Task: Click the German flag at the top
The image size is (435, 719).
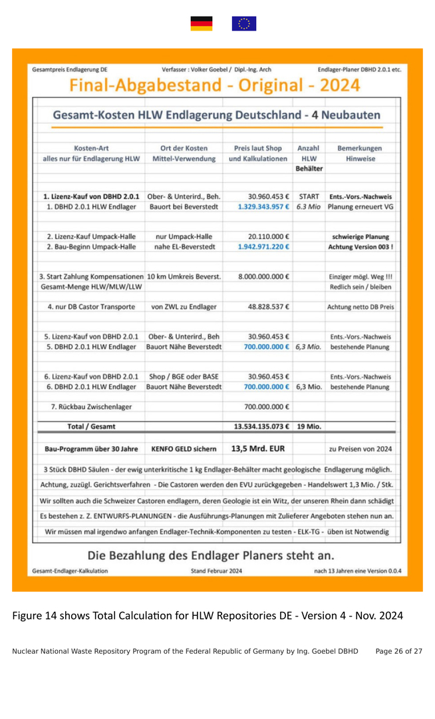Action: tap(202, 24)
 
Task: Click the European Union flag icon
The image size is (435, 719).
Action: tap(244, 24)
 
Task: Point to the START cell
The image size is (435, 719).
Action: tap(309, 197)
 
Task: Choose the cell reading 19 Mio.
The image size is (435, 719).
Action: tap(309, 426)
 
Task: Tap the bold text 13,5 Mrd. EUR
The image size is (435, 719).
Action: tap(258, 448)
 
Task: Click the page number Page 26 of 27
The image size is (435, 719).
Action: tap(398, 651)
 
